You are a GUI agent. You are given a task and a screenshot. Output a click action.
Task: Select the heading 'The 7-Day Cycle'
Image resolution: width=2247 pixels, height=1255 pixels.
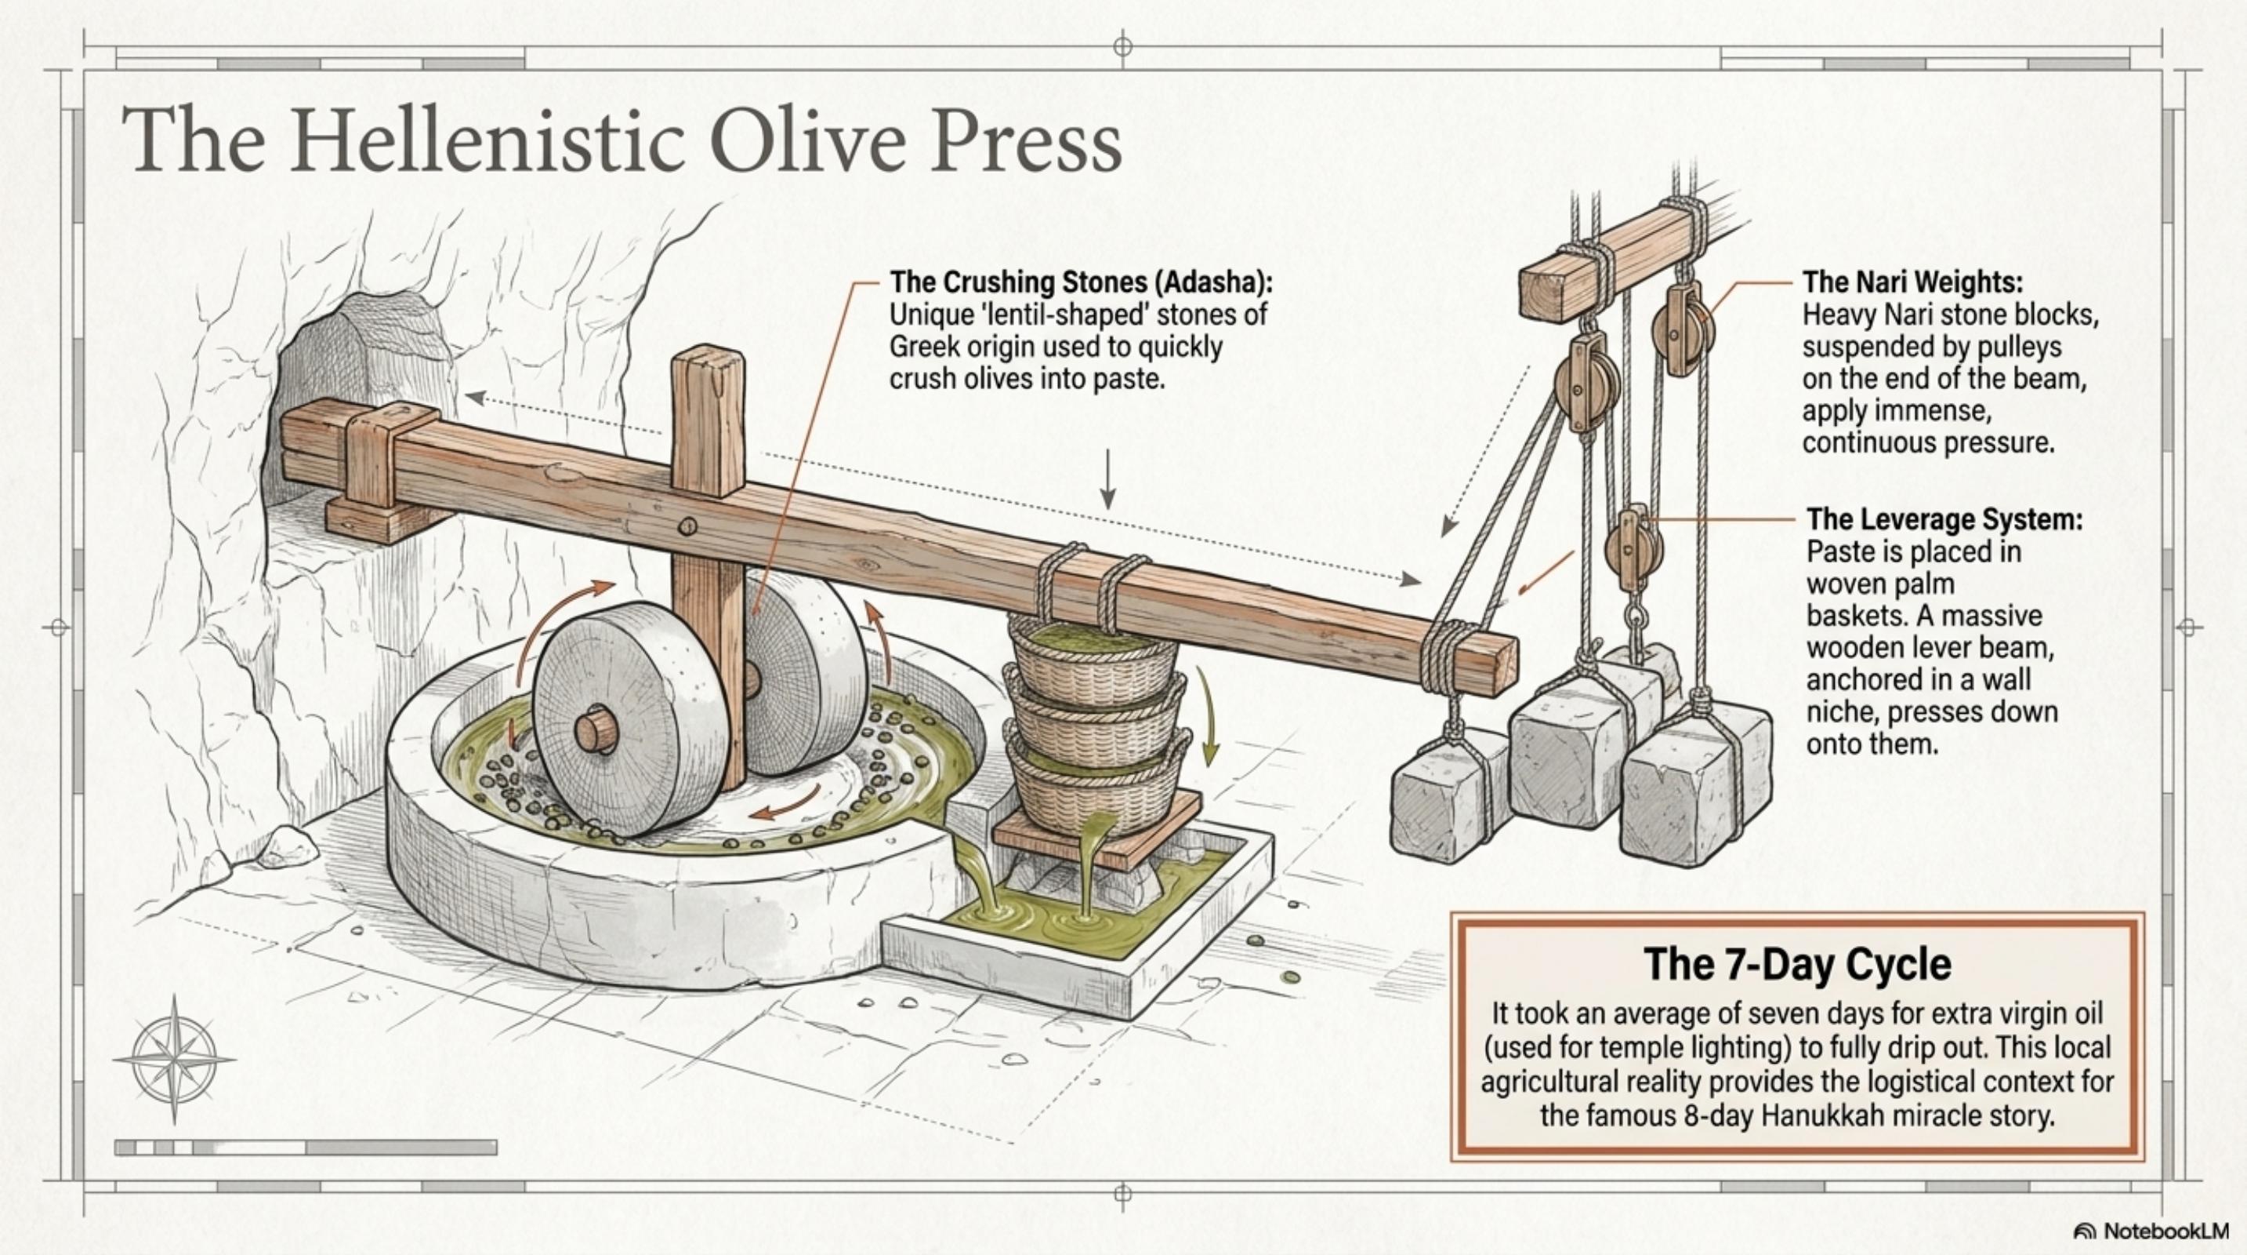tap(1797, 963)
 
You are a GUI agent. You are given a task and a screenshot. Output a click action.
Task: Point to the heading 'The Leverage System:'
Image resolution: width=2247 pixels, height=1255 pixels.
tap(1944, 519)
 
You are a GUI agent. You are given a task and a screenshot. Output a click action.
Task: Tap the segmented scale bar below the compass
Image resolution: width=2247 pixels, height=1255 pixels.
tap(306, 1148)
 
